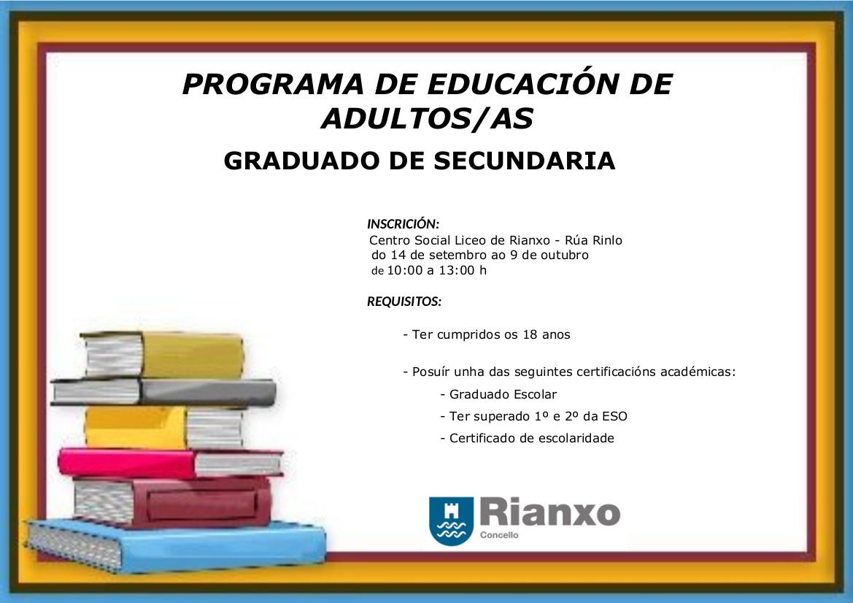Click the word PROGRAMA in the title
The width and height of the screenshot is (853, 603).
(273, 85)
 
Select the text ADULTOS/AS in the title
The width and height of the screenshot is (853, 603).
(427, 119)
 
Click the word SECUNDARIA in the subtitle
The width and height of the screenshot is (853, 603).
(524, 161)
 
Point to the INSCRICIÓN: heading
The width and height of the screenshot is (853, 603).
(403, 223)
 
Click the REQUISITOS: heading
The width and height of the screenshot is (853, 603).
(404, 301)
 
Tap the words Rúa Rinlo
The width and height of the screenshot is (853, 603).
(593, 240)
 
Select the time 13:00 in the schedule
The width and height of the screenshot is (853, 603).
(457, 271)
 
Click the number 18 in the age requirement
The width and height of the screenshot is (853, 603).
(530, 334)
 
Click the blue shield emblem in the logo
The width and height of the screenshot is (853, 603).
(451, 521)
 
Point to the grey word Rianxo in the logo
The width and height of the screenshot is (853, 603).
(550, 512)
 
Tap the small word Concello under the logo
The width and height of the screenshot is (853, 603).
(499, 535)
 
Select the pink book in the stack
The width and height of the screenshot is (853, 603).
(170, 463)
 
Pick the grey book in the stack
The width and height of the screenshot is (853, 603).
(163, 392)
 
